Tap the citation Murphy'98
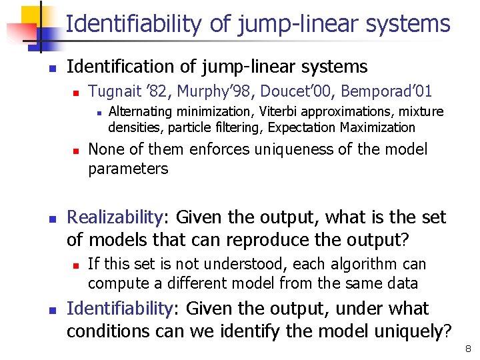coord(191,90)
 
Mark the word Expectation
coord(305,127)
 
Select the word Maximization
coord(378,127)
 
